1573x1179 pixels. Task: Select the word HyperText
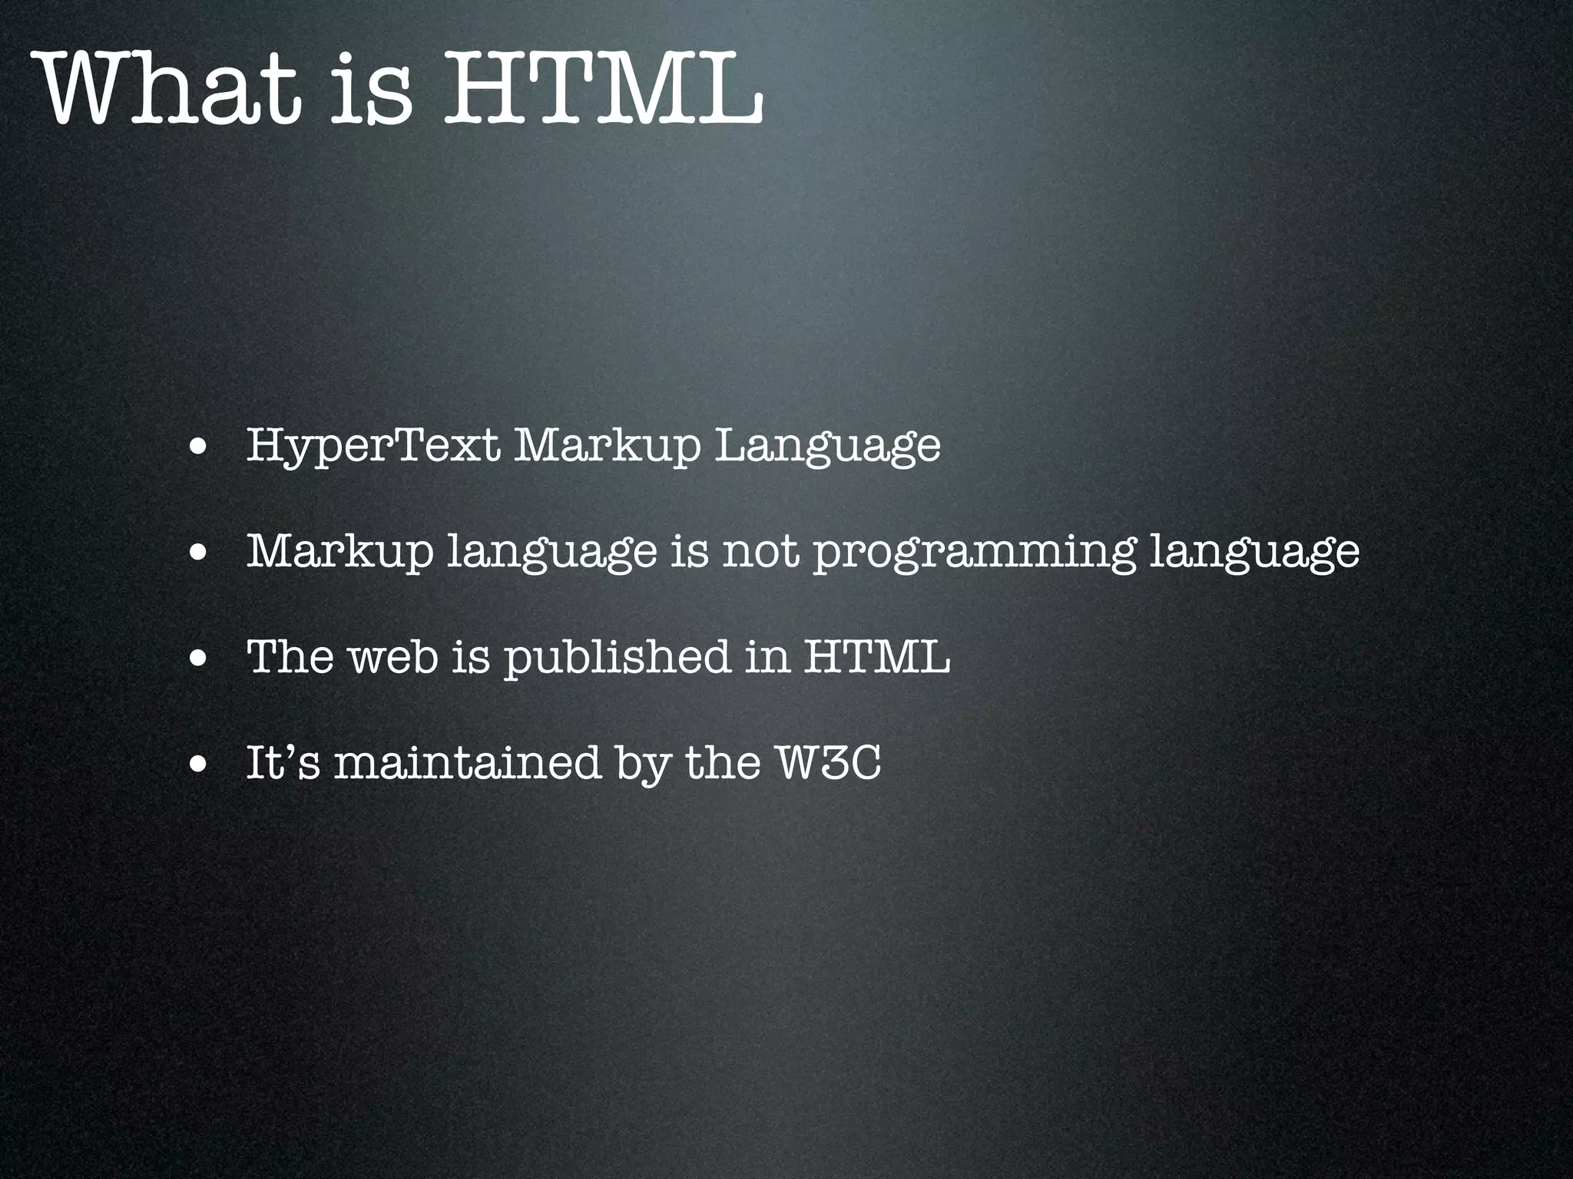tap(373, 445)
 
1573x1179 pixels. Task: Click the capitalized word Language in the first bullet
tap(827, 445)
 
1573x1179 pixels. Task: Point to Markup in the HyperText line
tap(608, 445)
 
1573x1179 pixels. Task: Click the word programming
tap(973, 551)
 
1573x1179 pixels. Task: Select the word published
tap(617, 657)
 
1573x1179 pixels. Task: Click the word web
tap(393, 657)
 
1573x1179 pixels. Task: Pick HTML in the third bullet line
tap(876, 657)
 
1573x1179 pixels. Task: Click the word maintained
tap(467, 763)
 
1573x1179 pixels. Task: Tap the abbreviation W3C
tap(828, 763)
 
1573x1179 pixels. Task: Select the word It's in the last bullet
tap(283, 763)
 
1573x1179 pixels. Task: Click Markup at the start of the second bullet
tap(339, 551)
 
